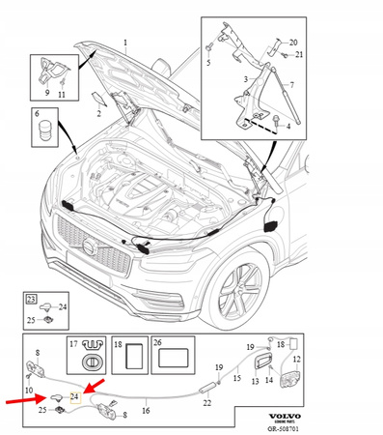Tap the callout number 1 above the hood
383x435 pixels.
[124, 44]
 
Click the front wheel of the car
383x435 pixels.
[236, 287]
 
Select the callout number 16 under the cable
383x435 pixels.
[146, 411]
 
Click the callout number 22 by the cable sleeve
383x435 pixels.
[206, 402]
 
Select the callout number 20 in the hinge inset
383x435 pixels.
[294, 43]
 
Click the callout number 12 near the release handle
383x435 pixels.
[296, 360]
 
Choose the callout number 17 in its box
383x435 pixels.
[72, 344]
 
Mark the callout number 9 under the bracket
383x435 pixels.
[46, 94]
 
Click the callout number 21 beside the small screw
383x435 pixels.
[299, 54]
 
